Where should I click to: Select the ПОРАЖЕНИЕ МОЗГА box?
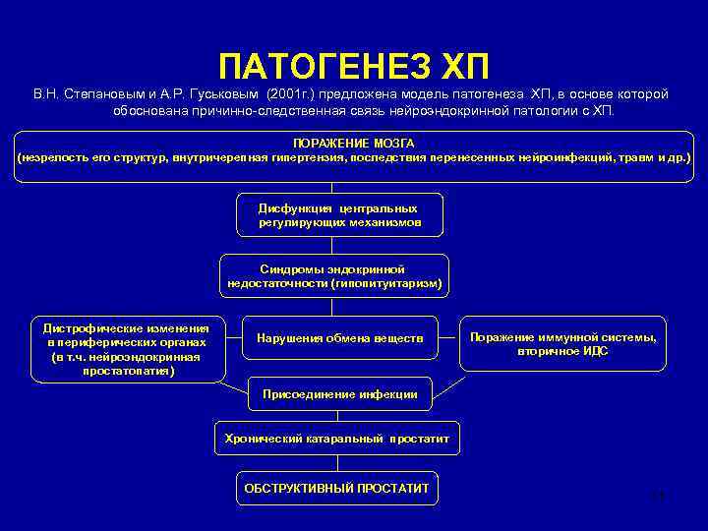click(x=354, y=150)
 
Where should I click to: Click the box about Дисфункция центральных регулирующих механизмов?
click(x=338, y=215)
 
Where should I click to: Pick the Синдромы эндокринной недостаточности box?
click(x=334, y=275)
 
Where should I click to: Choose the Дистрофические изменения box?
click(x=126, y=349)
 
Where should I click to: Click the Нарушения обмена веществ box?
click(x=340, y=338)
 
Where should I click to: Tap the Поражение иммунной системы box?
click(x=562, y=343)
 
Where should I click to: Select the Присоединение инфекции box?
click(x=339, y=394)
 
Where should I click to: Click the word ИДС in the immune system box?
click(x=595, y=351)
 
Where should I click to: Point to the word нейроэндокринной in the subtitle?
click(x=451, y=111)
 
